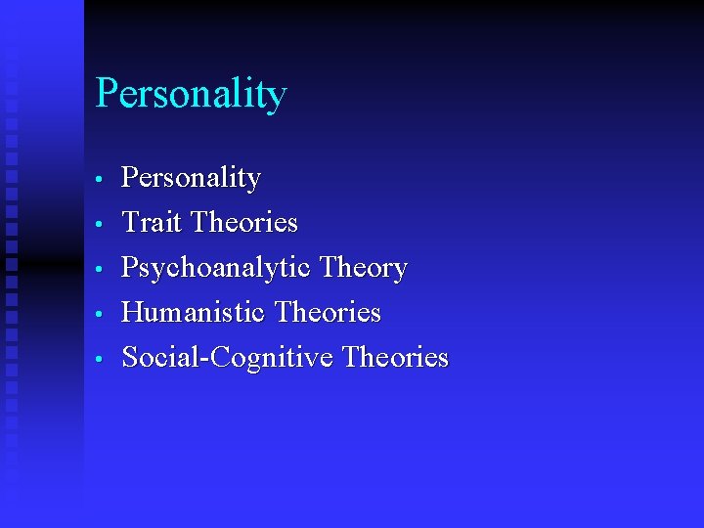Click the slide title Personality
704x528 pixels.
(x=191, y=95)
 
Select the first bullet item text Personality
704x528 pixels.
(x=191, y=179)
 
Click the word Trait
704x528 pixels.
(x=152, y=223)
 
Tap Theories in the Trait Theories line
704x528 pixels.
(x=244, y=223)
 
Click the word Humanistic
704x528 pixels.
(x=194, y=313)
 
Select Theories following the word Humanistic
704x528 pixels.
(x=328, y=313)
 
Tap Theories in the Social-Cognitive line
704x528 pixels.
(x=395, y=358)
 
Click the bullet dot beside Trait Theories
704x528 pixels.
(x=100, y=225)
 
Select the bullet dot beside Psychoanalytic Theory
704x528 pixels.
(x=100, y=270)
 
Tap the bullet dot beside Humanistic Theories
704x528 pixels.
(x=100, y=315)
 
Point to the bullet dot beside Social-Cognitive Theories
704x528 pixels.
(x=100, y=360)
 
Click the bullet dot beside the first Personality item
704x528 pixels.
(x=100, y=180)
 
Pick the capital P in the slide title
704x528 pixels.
(x=106, y=94)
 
